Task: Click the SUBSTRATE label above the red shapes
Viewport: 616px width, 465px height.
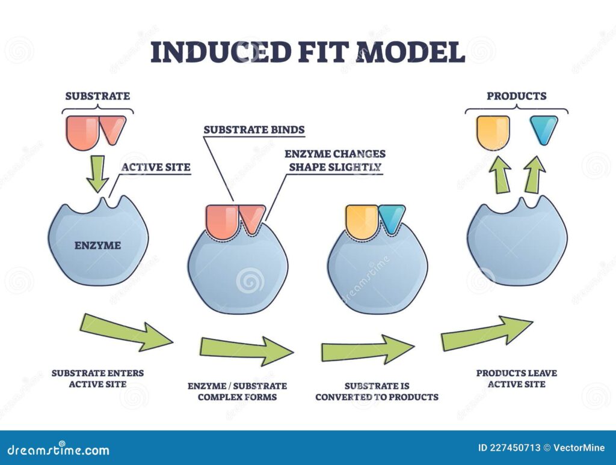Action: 97,96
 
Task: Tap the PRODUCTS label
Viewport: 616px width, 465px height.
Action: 516,96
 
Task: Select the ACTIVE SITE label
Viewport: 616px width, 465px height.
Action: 156,168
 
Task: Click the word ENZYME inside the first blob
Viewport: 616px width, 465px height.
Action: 97,245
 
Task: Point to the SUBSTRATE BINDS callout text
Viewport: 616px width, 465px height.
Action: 254,129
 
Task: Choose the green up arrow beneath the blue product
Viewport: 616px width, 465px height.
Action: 532,174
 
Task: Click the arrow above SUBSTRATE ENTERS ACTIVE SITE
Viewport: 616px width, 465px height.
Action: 125,331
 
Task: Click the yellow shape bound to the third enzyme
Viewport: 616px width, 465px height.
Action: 361,220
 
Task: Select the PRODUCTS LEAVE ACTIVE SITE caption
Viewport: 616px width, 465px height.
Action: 516,378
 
